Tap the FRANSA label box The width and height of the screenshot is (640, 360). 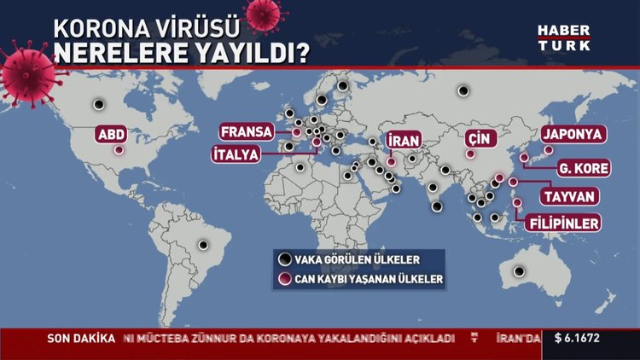[x=246, y=132]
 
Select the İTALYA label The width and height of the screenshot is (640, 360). [x=238, y=154]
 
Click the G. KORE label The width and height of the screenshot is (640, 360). [x=583, y=168]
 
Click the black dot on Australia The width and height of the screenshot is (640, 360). [x=519, y=272]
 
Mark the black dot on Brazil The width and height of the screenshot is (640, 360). [x=203, y=245]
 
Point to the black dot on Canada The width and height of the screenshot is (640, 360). [x=99, y=105]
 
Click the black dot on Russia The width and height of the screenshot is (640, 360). [x=463, y=90]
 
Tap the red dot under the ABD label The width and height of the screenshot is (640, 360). [x=118, y=151]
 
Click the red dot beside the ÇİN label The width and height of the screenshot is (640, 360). [x=468, y=154]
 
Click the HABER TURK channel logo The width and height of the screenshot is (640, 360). [x=563, y=37]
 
